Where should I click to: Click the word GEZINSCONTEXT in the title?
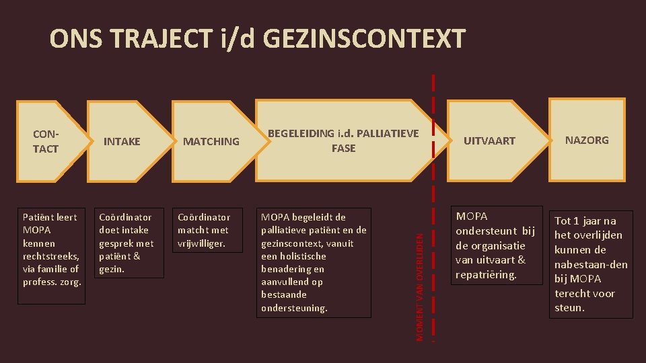363,39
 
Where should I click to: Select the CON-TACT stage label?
46,141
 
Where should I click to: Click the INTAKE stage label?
122,141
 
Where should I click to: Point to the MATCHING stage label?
211,141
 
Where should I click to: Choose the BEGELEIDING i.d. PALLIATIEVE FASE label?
343,140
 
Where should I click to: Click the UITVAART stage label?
489,140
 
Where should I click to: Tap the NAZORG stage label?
587,140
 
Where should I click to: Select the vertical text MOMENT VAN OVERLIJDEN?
420,286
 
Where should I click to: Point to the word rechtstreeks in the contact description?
51,256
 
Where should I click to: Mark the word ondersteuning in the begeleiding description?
294,308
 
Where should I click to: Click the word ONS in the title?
68,39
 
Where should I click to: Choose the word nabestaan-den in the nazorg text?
591,264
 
